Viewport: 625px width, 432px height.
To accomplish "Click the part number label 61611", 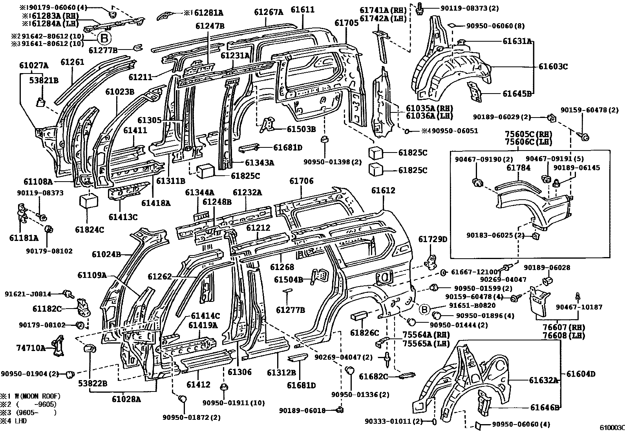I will pos(303,10).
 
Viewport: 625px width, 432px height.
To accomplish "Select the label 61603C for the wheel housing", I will pos(553,66).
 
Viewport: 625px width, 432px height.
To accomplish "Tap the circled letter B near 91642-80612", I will pos(104,38).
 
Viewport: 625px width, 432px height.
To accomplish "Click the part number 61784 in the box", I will pos(518,167).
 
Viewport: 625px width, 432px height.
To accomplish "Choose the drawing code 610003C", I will pos(611,427).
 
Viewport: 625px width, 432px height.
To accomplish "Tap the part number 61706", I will pos(301,181).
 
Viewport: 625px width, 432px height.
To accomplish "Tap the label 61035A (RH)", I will pos(429,108).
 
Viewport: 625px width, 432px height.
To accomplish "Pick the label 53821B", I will pos(44,81).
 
